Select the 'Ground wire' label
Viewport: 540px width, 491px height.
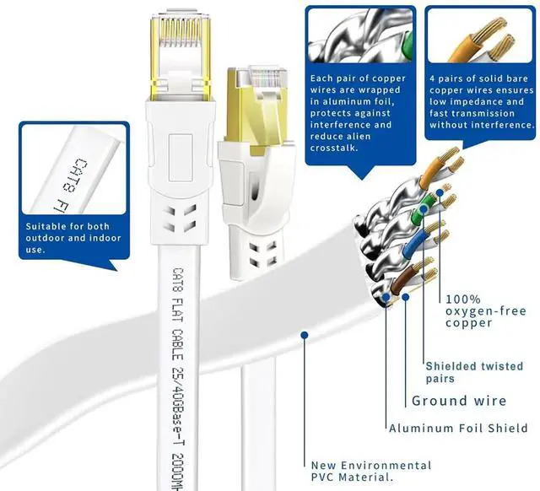pos(459,401)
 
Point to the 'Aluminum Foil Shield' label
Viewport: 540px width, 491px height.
pos(458,429)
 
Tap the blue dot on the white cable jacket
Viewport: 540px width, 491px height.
pos(302,335)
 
